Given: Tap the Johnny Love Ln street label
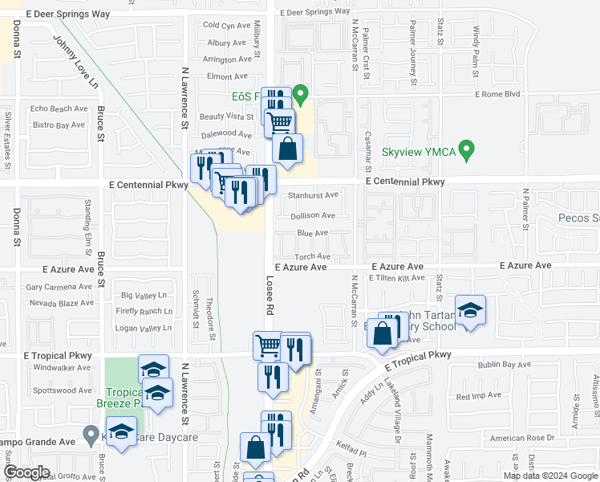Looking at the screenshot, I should coord(75,61).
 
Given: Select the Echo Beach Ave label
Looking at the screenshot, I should coord(59,108).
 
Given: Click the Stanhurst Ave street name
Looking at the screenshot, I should coord(314,194).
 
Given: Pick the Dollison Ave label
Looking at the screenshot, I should coord(313,215).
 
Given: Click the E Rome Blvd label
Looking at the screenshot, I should coord(498,94).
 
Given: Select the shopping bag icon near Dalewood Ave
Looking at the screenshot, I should coord(288,149).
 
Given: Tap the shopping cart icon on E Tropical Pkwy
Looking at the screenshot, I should coord(268,346).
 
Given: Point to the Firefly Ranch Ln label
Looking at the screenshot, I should coord(145,311).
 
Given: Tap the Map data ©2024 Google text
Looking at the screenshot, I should coord(550,476).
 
